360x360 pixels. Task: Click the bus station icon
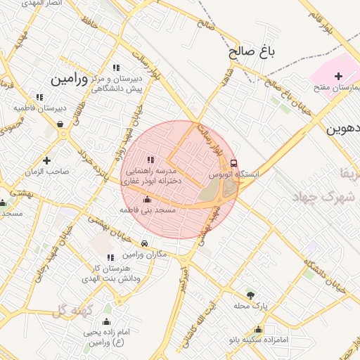coord(234,162)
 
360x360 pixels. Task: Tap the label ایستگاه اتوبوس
coord(234,173)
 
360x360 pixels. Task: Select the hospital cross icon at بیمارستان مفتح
coord(338,76)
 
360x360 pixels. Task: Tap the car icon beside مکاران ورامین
coord(144,243)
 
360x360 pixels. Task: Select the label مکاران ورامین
coord(144,254)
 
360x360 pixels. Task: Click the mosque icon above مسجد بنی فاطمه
coord(146,200)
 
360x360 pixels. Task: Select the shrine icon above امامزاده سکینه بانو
coord(259,330)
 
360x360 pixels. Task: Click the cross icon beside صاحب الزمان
coord(47,160)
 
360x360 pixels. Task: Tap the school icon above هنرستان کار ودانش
coord(109,257)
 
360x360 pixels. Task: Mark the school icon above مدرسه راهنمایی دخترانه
coord(151,160)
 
